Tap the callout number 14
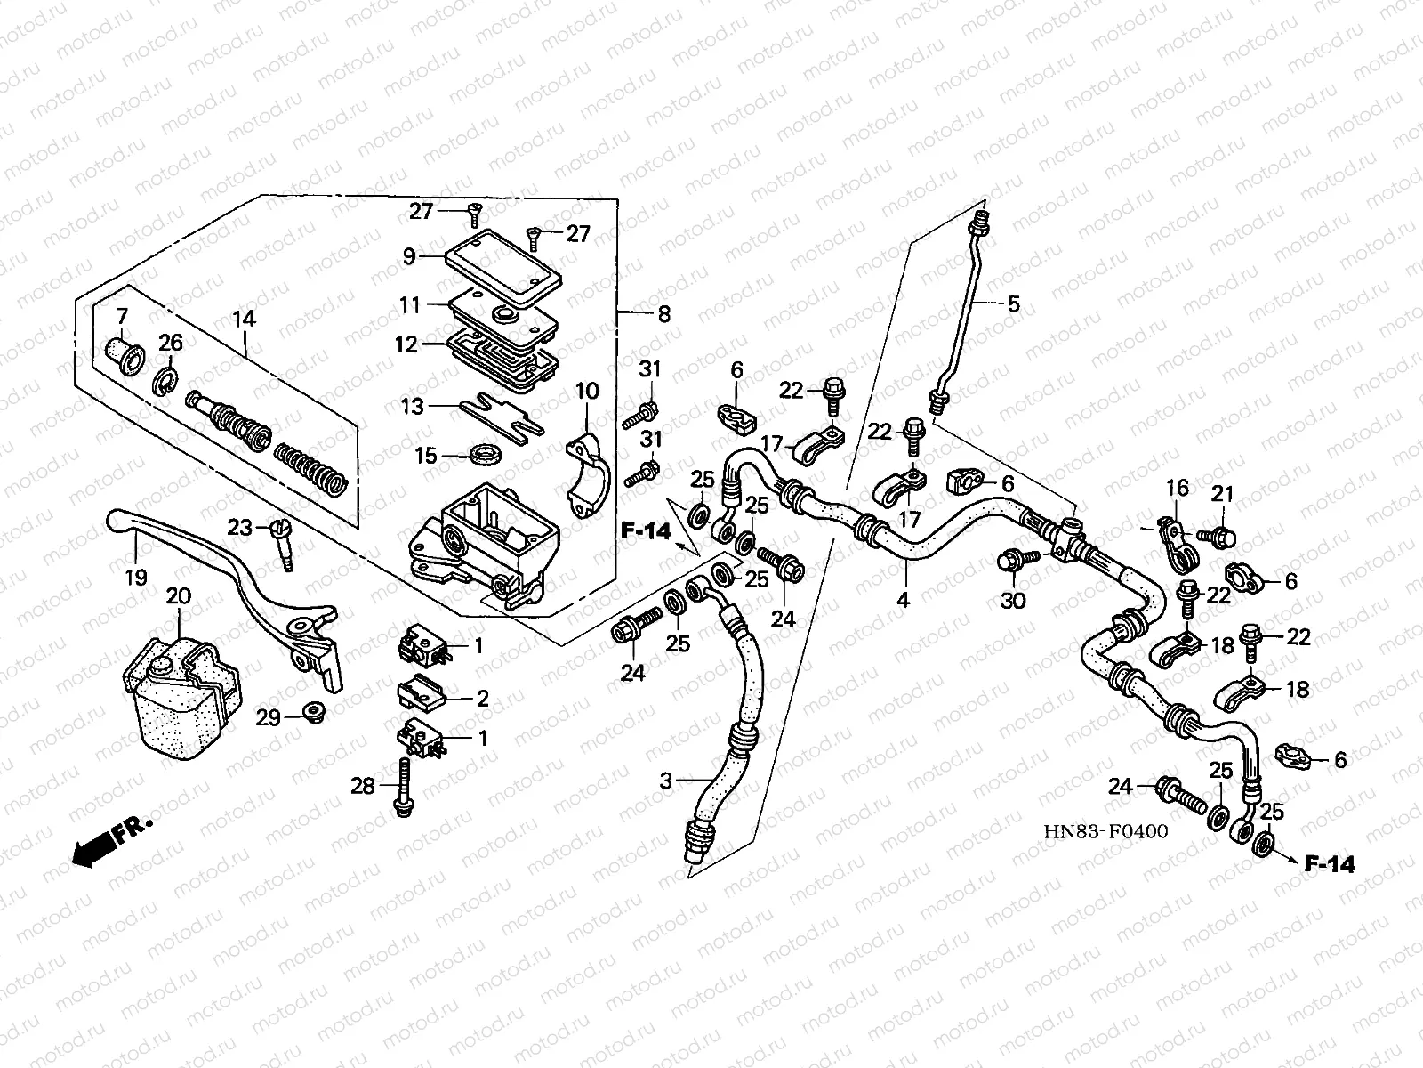244,318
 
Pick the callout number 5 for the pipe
1013,304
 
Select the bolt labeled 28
402,788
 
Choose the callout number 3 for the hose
666,782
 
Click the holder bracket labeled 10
587,476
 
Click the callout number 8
663,314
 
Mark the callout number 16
1177,488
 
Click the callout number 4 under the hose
903,600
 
